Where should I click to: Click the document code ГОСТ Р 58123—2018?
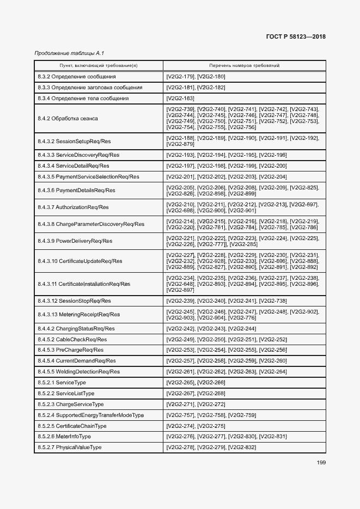tap(295, 37)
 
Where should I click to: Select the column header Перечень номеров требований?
tap(245, 65)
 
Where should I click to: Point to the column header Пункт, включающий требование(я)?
tap(99, 65)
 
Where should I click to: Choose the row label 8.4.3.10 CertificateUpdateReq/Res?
tap(80, 261)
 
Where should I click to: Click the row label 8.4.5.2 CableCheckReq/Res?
tap(72, 339)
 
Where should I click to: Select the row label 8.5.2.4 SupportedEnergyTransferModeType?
tap(91, 415)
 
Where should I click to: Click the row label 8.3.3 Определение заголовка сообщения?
tap(90, 87)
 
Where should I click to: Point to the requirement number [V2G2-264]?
tap(273, 371)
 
